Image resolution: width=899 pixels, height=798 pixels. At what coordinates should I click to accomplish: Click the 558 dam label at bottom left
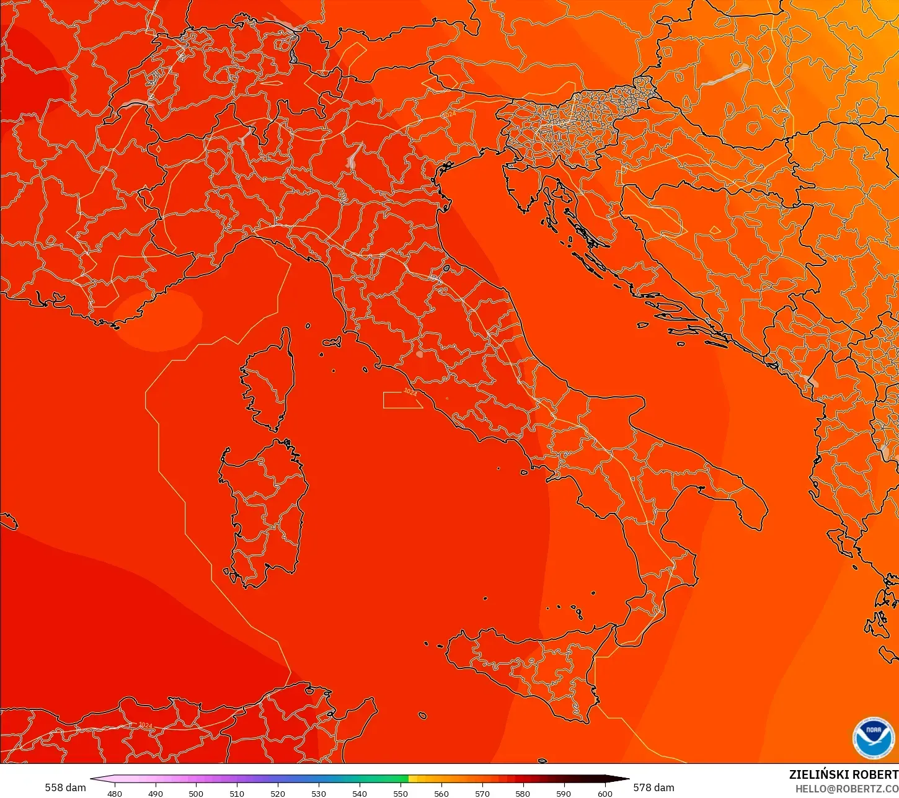(65, 787)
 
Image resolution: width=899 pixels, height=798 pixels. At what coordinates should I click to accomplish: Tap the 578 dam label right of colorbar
(653, 787)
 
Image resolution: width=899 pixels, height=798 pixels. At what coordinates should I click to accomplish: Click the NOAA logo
(873, 738)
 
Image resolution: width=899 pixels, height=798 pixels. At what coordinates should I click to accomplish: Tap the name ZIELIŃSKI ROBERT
(843, 774)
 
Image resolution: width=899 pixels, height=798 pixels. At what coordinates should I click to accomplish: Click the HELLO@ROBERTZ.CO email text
(847, 789)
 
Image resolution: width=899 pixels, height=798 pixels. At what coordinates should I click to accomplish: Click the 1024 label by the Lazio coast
(410, 391)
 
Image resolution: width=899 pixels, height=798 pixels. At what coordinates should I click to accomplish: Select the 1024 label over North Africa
(145, 725)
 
